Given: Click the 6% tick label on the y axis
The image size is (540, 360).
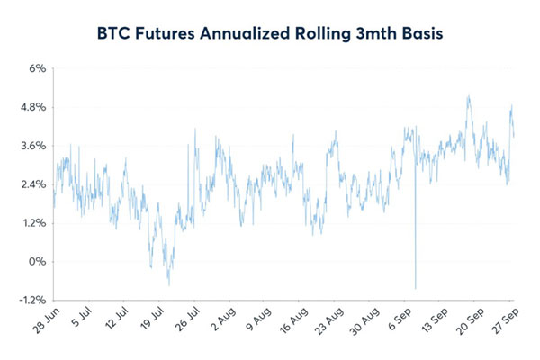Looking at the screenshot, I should [x=37, y=68].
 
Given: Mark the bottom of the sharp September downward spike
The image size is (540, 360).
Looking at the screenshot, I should [x=416, y=288].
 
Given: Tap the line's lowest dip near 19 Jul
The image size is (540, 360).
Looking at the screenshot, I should [x=169, y=285].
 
